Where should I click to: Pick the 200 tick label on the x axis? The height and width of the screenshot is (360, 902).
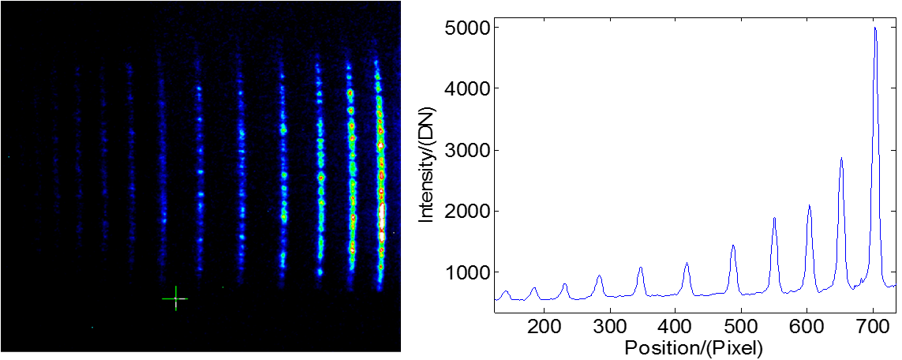543,326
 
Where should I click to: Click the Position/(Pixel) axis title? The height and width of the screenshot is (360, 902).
693,347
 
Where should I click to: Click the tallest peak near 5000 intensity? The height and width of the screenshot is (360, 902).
875,28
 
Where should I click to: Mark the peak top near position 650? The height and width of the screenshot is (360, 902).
841,159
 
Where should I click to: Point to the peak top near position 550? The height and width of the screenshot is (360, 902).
774,218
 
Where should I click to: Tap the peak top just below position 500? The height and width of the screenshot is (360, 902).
733,246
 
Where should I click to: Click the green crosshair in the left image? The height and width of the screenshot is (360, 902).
175,298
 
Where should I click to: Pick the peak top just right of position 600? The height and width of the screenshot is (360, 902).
809,206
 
